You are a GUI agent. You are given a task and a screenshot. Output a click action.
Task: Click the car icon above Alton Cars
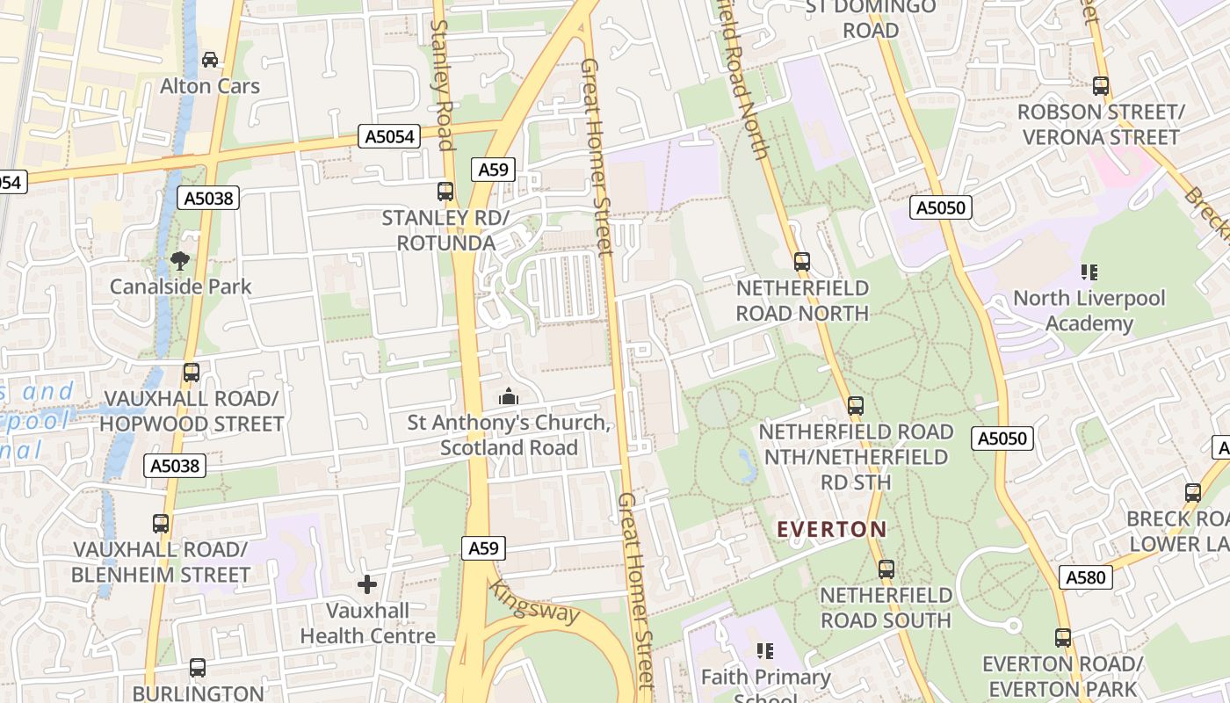[210, 60]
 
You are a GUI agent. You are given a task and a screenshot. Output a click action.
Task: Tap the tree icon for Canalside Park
[180, 260]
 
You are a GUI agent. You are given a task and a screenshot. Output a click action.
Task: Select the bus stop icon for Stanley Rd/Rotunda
[445, 191]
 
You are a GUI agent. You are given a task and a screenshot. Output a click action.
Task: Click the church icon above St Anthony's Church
[508, 397]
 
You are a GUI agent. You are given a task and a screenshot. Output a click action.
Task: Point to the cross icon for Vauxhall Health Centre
[367, 583]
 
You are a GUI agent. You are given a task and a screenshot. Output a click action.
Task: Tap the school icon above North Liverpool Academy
[1089, 272]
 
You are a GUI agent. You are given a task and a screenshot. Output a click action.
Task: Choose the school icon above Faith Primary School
[765, 651]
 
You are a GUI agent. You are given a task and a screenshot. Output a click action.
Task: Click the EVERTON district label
[832, 529]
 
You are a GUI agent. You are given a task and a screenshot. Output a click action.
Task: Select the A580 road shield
[1086, 577]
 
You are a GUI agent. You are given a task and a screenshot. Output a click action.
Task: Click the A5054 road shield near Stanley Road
[390, 136]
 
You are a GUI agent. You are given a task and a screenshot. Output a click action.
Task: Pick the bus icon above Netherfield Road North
[801, 262]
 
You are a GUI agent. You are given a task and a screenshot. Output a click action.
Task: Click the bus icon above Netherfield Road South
[886, 569]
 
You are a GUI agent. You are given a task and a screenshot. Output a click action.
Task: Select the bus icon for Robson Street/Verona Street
[1101, 86]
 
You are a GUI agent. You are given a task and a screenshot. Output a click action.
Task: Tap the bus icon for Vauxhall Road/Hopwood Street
[192, 373]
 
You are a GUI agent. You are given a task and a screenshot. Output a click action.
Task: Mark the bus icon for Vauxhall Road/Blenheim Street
[161, 524]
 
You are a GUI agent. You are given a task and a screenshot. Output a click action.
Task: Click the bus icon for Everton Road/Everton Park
[1063, 638]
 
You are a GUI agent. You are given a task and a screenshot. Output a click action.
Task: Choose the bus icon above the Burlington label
[198, 668]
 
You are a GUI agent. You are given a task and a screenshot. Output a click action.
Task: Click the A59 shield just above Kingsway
[482, 548]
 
